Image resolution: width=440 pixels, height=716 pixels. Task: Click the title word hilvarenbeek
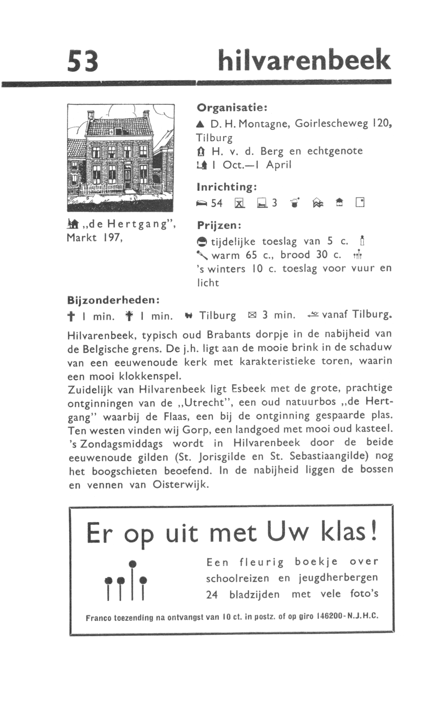coord(304,60)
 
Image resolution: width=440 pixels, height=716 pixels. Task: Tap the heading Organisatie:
coord(233,108)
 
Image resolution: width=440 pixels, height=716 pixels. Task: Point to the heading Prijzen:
coord(219,226)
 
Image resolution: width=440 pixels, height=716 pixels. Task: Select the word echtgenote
coord(335,151)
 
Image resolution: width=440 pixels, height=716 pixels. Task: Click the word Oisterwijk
coord(181,485)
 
